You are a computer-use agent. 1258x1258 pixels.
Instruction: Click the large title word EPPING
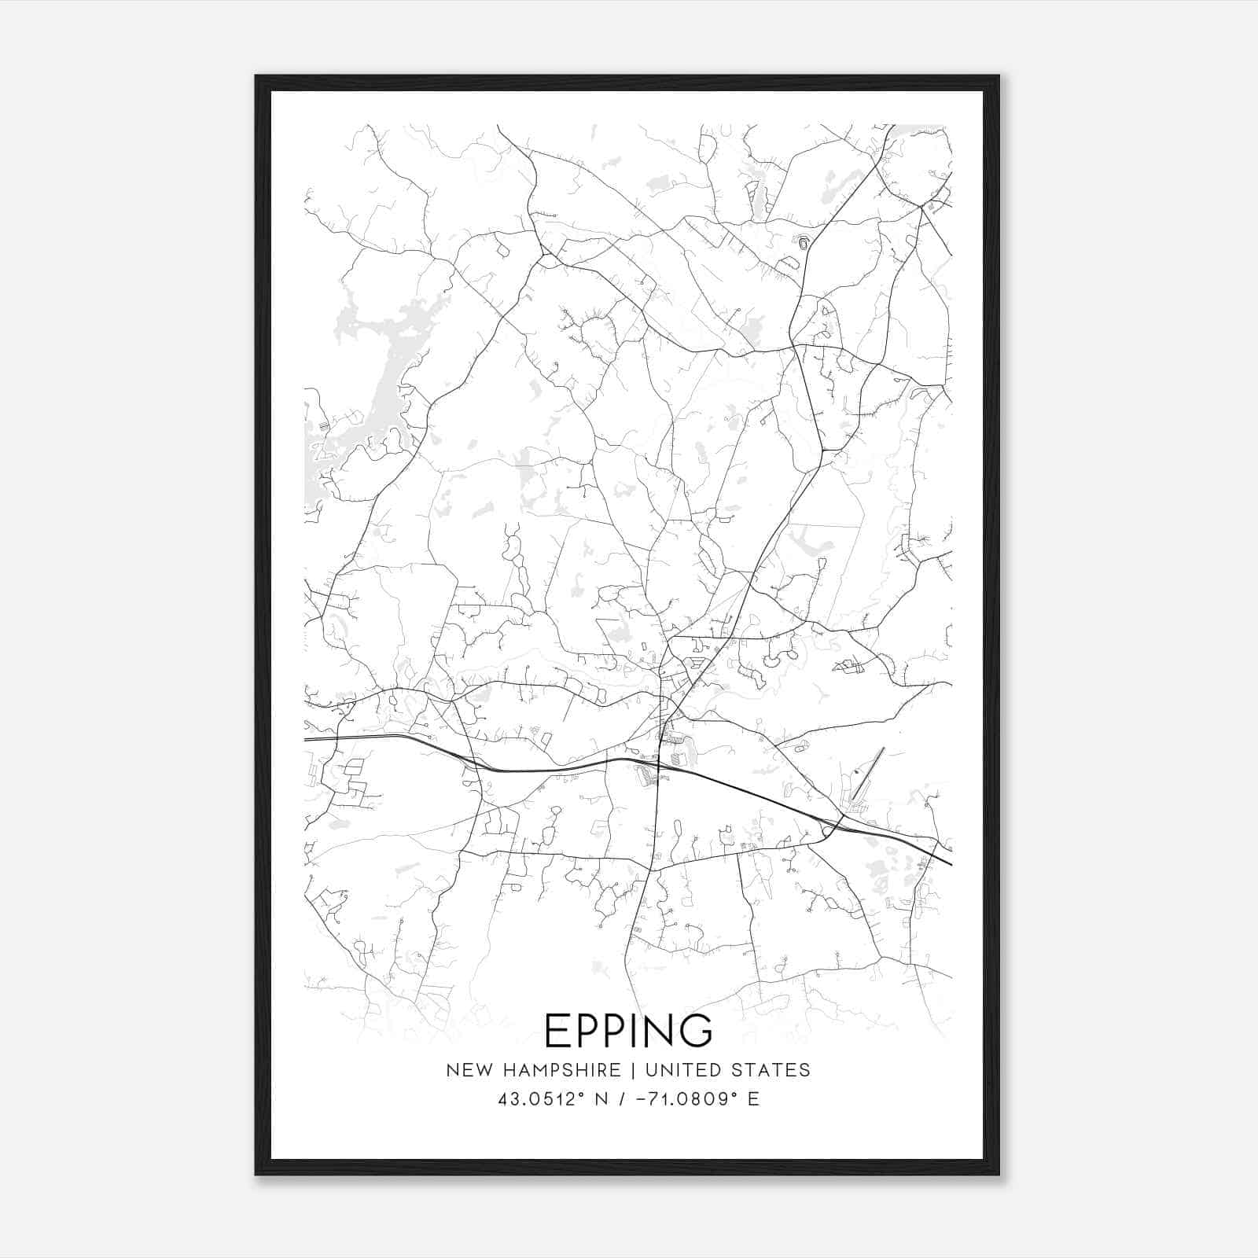(x=628, y=1030)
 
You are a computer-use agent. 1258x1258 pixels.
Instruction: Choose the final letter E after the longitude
(x=753, y=1098)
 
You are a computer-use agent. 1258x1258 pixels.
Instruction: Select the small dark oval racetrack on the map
(x=803, y=243)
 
